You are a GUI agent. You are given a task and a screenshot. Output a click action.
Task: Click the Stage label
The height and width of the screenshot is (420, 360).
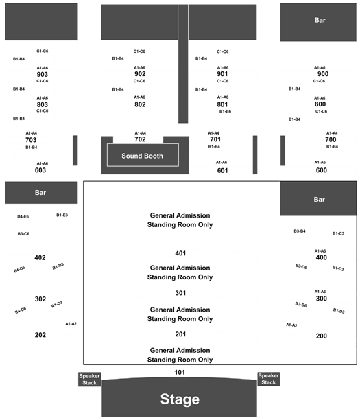(x=180, y=399)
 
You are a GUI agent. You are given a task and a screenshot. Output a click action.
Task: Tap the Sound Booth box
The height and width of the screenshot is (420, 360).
(x=143, y=155)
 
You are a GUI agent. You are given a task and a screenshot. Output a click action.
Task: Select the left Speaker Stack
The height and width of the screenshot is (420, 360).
(x=89, y=379)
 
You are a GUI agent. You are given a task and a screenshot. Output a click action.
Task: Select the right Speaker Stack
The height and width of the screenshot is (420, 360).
(x=269, y=379)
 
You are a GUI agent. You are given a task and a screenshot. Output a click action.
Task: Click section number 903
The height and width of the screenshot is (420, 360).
(x=43, y=74)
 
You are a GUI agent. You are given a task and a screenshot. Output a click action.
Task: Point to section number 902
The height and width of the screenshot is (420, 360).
(x=140, y=74)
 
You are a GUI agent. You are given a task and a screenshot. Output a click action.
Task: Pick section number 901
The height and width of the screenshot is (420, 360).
(x=222, y=74)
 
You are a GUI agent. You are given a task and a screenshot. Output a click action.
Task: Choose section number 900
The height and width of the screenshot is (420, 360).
(x=323, y=74)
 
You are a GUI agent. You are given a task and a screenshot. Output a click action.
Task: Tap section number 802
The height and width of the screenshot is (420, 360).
(x=140, y=104)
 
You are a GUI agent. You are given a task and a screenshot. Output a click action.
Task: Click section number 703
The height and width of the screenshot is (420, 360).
(x=31, y=140)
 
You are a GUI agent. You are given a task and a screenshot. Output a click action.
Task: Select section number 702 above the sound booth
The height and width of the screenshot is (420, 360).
(x=140, y=139)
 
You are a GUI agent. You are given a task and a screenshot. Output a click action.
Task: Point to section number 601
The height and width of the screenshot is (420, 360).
(x=222, y=170)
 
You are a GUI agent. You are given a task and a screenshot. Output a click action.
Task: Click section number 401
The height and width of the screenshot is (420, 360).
(x=180, y=253)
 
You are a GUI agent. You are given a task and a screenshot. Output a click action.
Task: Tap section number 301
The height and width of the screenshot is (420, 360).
(x=180, y=293)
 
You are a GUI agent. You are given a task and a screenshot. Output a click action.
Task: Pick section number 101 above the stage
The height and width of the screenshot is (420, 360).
(x=180, y=372)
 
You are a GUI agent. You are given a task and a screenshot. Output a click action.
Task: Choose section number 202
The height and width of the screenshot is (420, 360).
(x=40, y=334)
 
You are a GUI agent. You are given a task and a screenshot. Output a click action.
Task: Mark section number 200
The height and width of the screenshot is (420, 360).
(x=321, y=336)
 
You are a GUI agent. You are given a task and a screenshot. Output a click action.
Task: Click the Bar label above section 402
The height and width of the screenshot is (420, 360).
(x=40, y=193)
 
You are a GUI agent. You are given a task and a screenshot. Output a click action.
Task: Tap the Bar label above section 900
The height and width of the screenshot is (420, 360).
(x=320, y=20)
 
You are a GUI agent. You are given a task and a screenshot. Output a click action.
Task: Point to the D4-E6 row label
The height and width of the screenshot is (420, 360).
(x=23, y=216)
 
